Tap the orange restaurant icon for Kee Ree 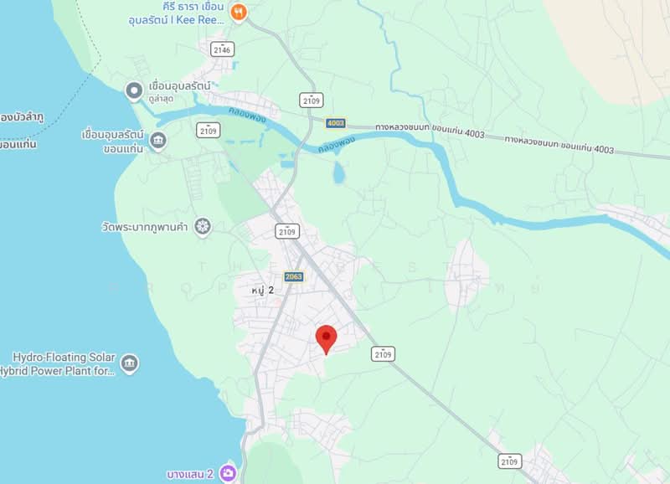tap(240, 13)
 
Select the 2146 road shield tap(222, 49)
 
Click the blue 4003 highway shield tap(336, 122)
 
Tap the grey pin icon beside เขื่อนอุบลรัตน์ tap(133, 90)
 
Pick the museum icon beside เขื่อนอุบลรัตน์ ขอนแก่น tap(158, 139)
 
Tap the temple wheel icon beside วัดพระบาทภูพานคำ tap(202, 226)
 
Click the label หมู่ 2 tap(263, 290)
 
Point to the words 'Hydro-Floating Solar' tap(64, 358)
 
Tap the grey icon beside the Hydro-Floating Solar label tap(130, 363)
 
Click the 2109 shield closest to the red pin tap(384, 354)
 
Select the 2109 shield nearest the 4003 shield tap(311, 100)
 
